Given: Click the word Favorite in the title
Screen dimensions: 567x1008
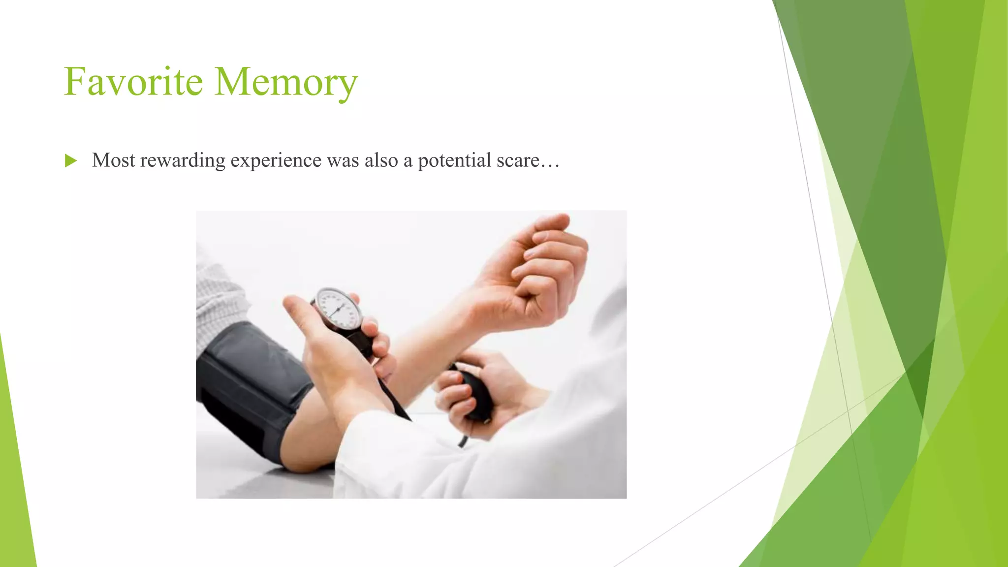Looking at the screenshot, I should coord(133,82).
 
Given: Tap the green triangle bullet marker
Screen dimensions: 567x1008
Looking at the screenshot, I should coord(70,160).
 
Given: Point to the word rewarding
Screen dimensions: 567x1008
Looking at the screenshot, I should coord(183,161).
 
